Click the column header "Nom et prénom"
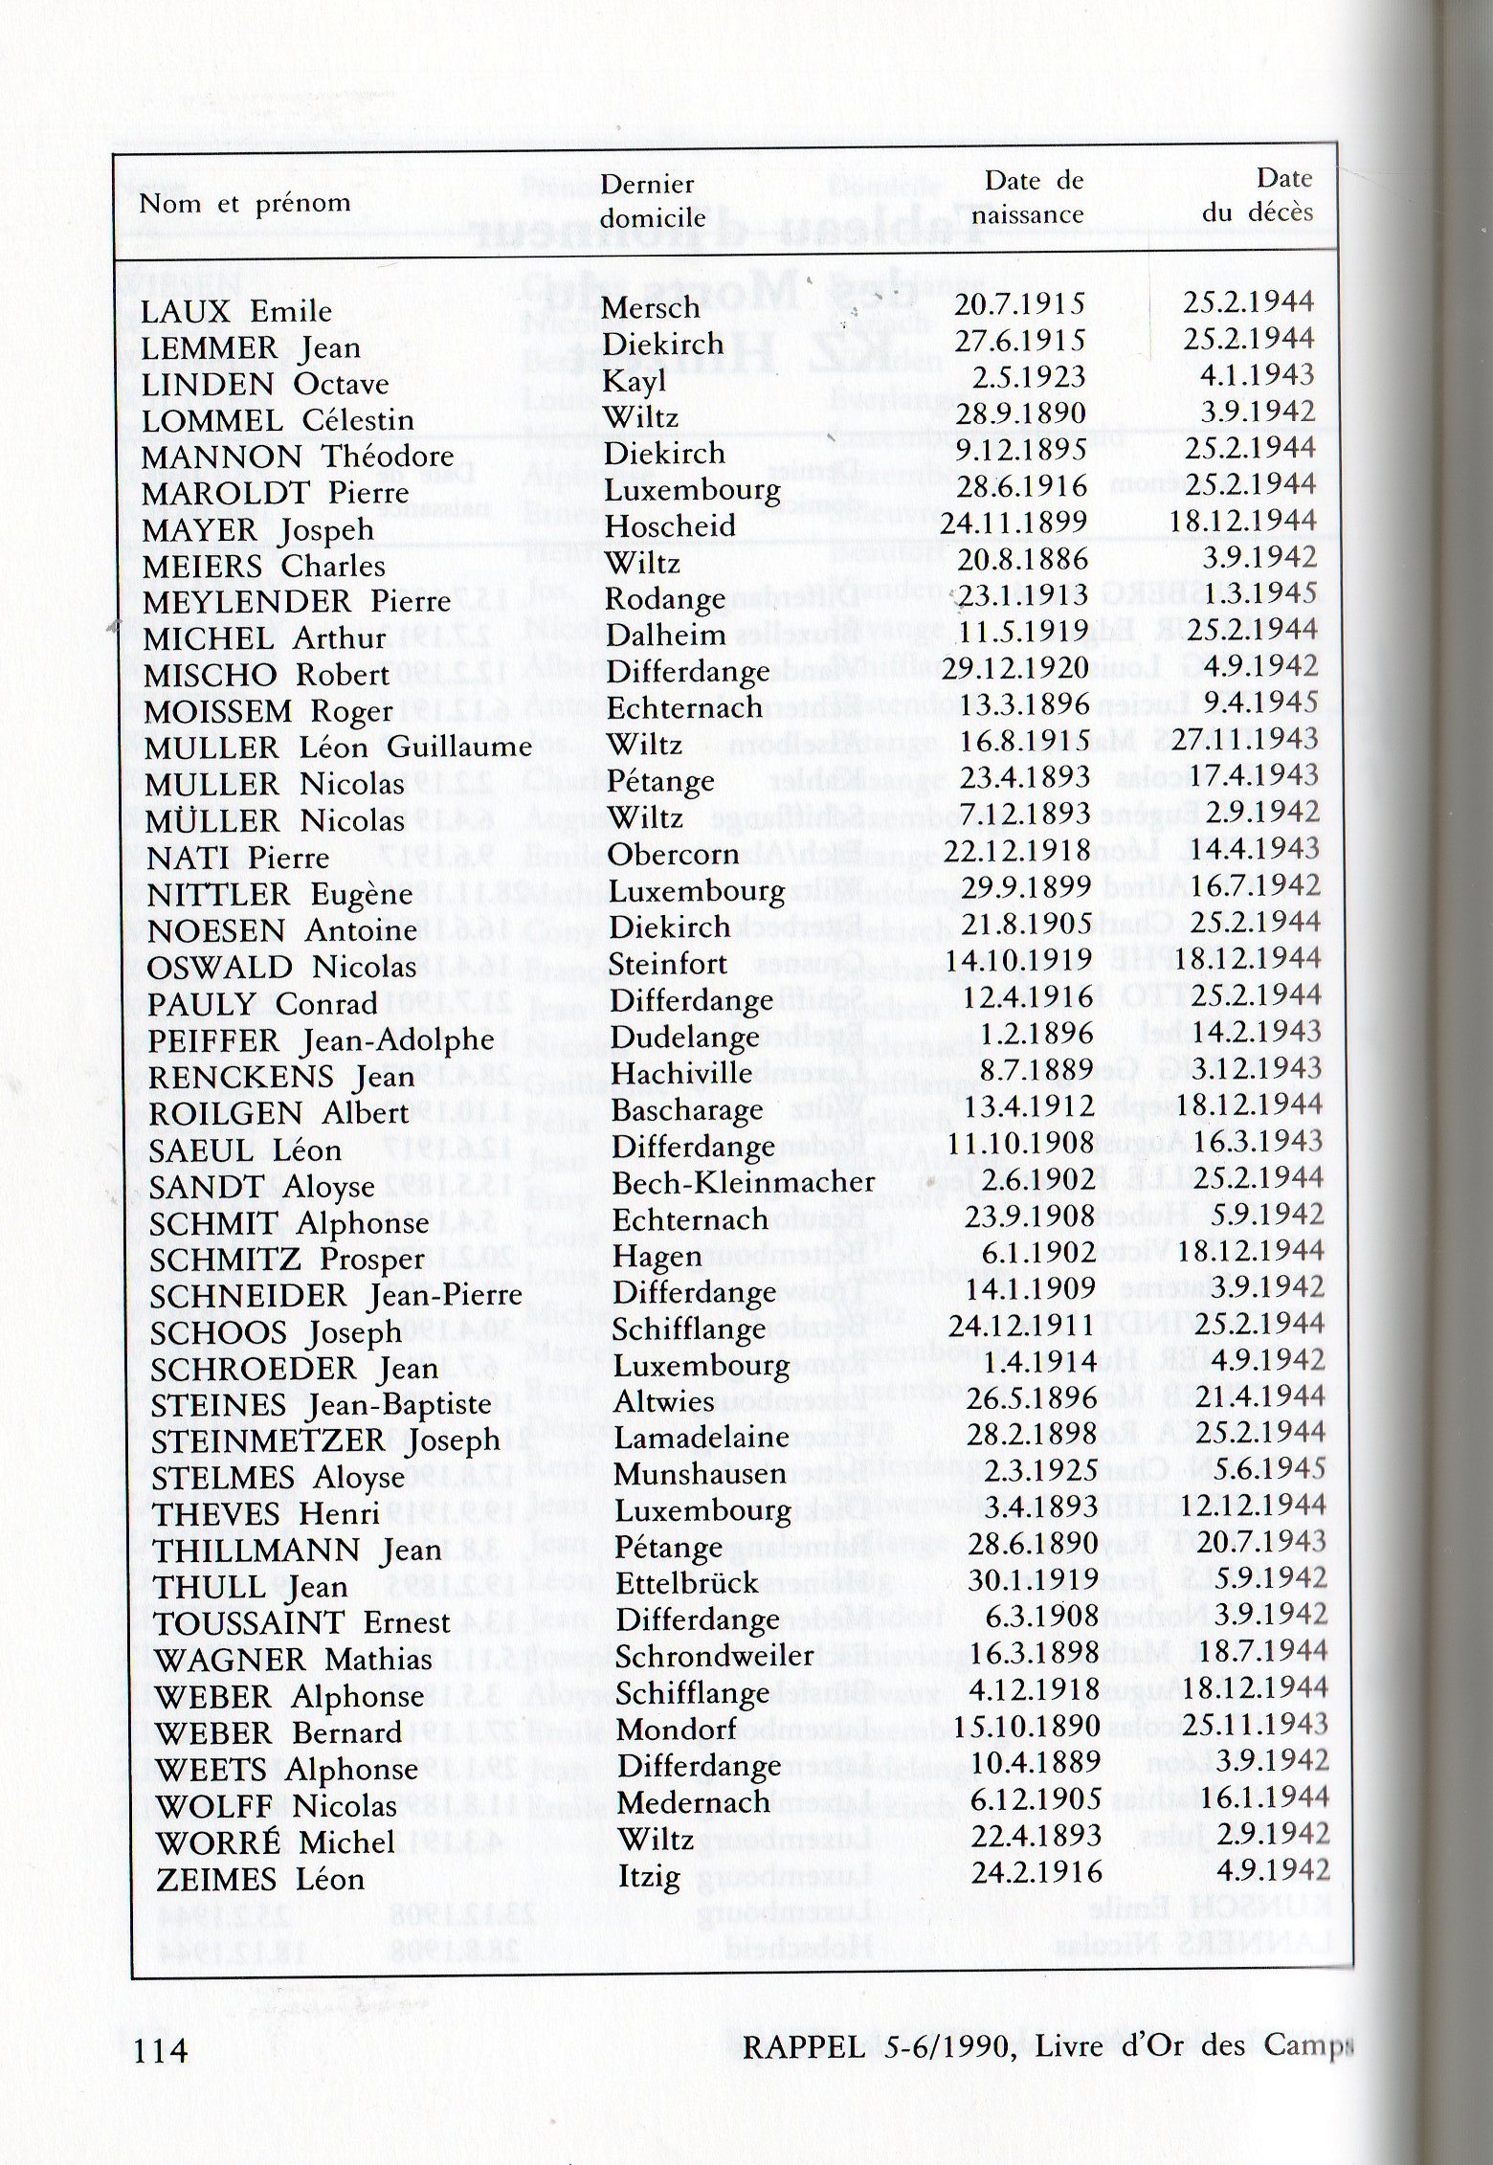click(x=244, y=204)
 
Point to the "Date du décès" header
click(x=1259, y=195)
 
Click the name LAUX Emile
click(x=236, y=311)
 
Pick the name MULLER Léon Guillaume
click(x=337, y=748)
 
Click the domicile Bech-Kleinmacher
click(x=743, y=1183)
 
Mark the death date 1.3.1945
click(x=1264, y=594)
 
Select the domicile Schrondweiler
click(x=714, y=1656)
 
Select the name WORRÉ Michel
click(x=276, y=1841)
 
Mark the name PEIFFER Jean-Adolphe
click(x=322, y=1040)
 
